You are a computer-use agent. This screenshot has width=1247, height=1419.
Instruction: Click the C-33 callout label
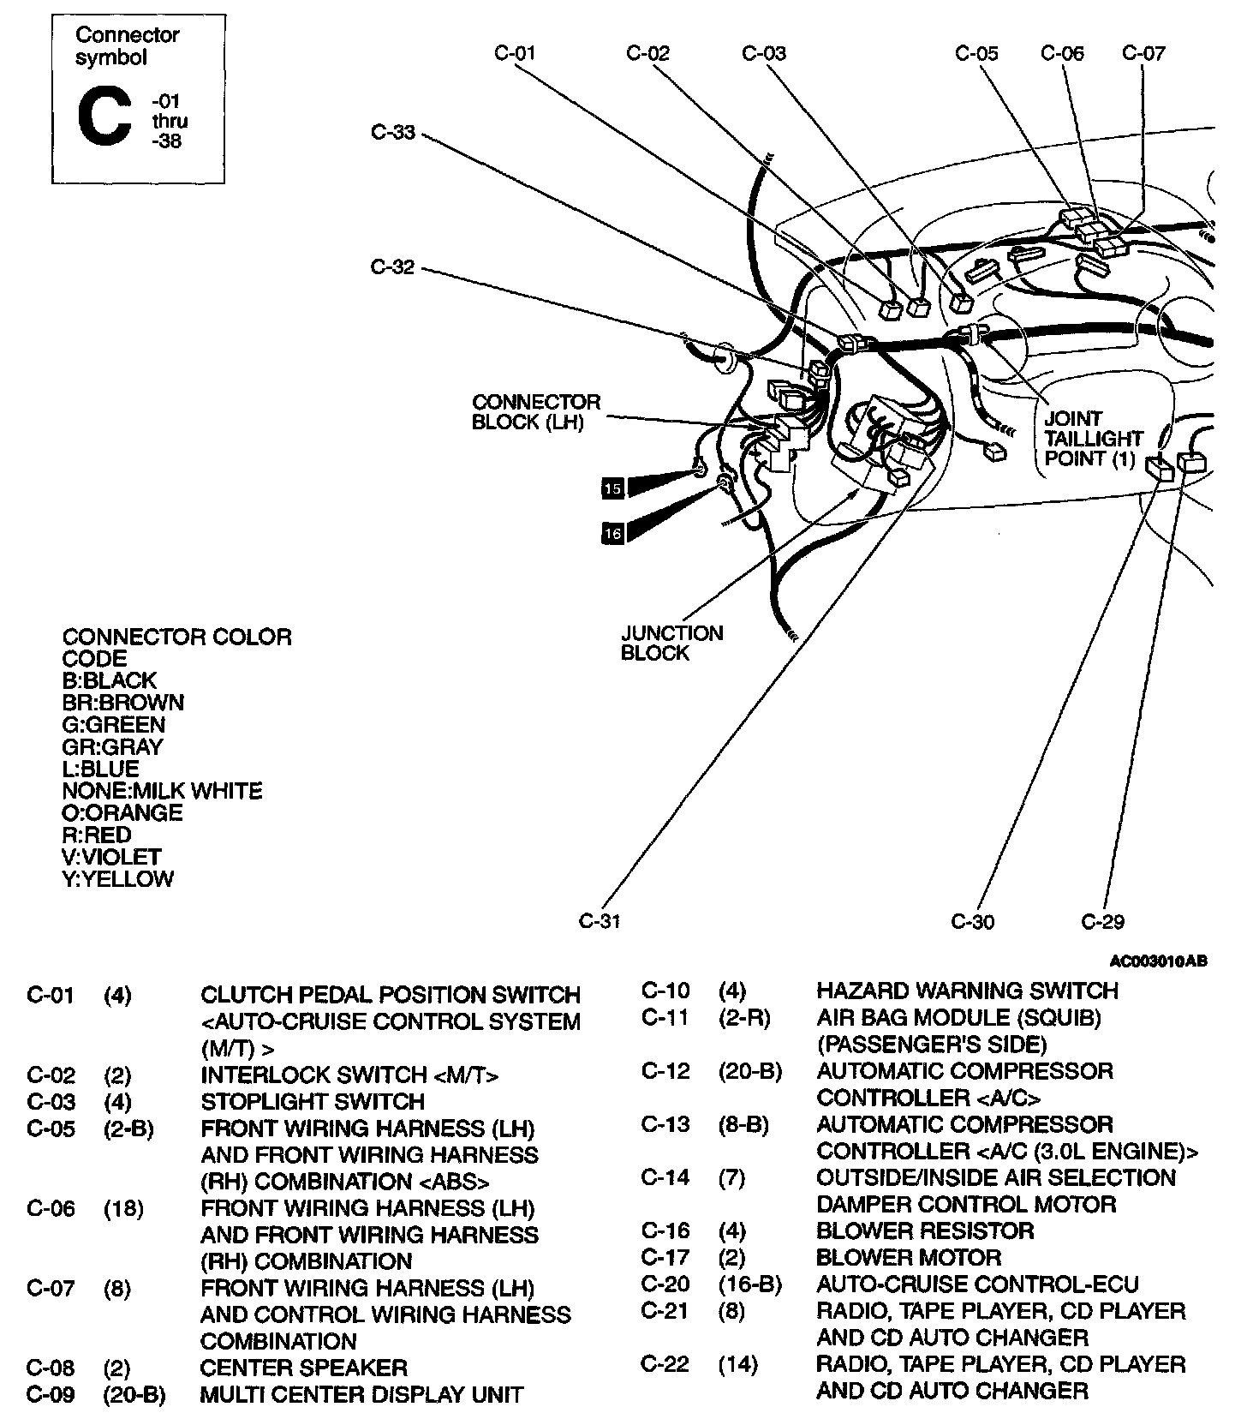392,133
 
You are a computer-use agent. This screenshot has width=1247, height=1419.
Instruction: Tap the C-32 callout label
392,267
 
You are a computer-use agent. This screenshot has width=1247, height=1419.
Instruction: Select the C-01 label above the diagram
515,53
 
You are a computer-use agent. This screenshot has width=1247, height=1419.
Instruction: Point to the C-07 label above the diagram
1143,53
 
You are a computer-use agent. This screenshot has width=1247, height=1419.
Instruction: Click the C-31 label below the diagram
600,921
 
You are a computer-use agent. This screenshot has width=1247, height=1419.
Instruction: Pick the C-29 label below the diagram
1102,922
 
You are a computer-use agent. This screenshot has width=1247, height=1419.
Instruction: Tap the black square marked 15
612,488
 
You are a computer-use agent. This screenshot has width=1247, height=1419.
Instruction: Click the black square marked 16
612,533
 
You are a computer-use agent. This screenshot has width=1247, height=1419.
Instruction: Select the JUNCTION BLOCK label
672,643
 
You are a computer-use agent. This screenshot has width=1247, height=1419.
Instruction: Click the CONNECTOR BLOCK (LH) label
536,412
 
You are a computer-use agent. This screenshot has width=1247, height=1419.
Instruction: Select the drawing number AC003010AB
1158,961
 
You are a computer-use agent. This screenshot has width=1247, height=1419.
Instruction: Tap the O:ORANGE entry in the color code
122,812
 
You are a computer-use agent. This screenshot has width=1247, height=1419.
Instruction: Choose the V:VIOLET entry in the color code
111,857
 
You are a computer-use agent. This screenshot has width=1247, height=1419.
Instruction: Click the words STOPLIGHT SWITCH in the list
313,1101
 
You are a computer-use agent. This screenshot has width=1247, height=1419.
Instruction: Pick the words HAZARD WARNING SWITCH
967,991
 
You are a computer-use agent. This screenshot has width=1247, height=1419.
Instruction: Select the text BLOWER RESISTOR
925,1231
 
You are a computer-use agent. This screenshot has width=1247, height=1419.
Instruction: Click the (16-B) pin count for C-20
749,1284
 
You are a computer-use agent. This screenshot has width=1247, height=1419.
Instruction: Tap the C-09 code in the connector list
51,1395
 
